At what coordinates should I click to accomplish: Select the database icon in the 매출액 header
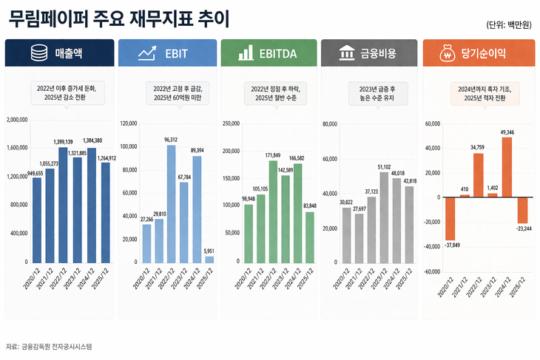tap(38, 54)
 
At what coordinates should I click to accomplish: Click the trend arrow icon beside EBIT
tap(146, 54)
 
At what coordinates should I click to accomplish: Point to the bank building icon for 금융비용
tap(345, 54)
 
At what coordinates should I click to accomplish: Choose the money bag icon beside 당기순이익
tap(446, 54)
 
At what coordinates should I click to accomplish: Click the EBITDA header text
tap(278, 54)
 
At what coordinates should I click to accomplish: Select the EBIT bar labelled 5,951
tap(209, 259)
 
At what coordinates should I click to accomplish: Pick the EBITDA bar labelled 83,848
tap(310, 237)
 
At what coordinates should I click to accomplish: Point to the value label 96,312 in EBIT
tap(170, 139)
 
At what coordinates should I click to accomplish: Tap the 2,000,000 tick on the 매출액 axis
tap(16, 119)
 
